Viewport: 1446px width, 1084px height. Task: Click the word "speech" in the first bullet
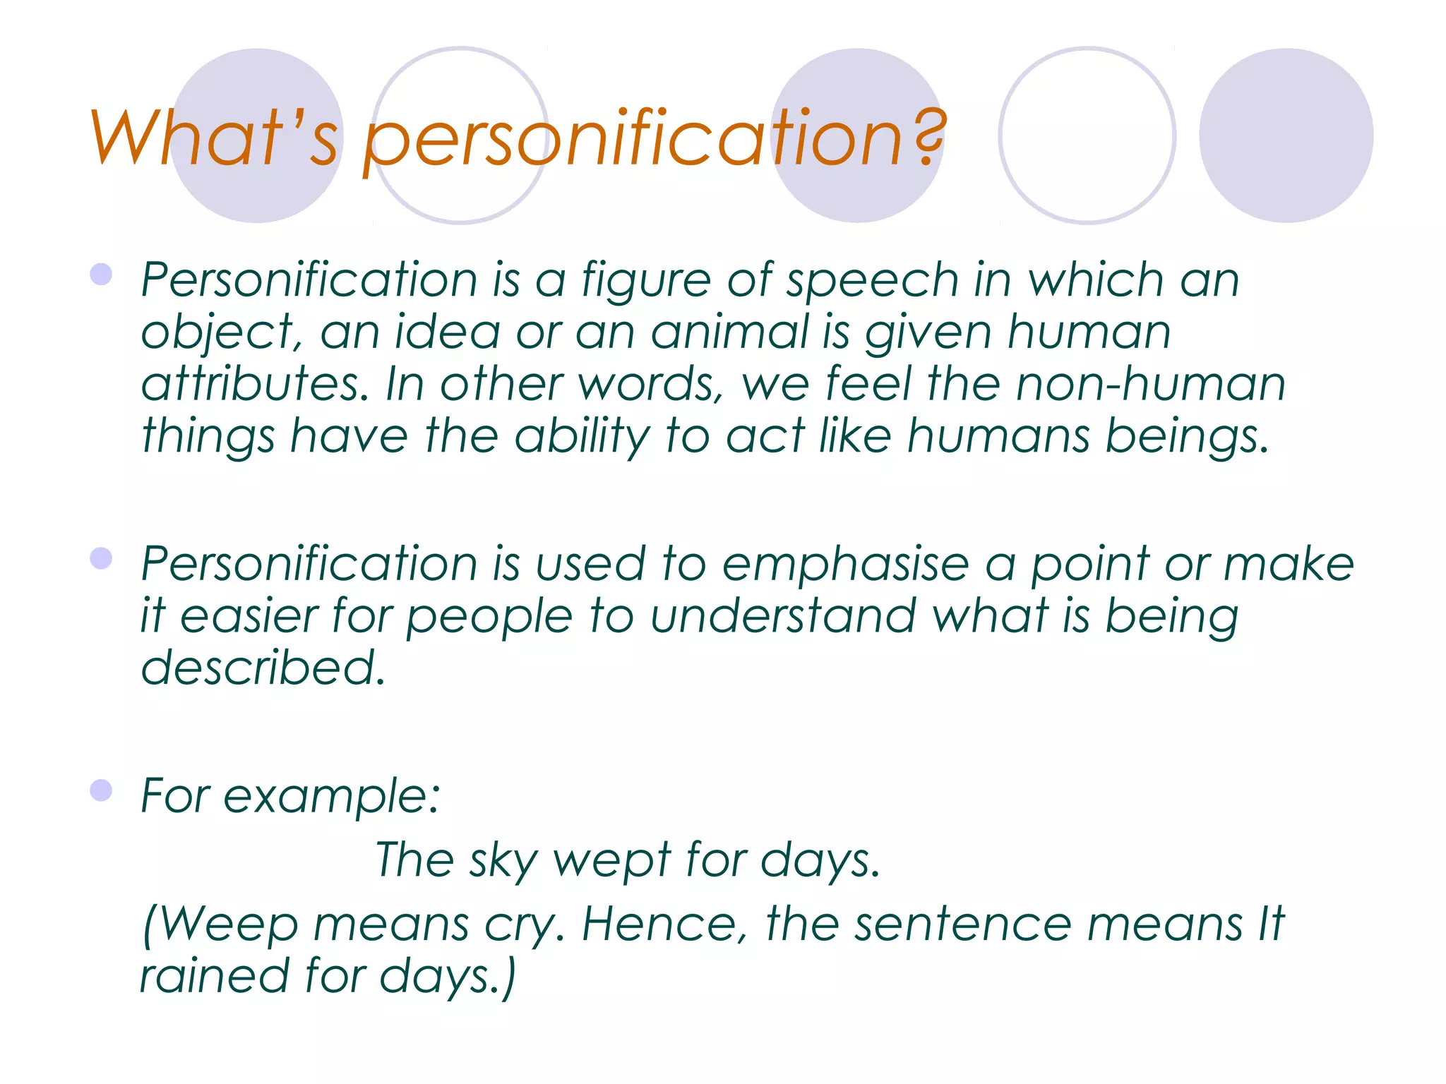coord(873,280)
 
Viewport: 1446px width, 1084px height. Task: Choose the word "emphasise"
coord(846,565)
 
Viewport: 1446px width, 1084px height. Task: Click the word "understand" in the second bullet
coord(784,616)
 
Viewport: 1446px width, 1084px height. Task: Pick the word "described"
coord(263,668)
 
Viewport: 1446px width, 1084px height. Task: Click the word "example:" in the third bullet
coord(332,796)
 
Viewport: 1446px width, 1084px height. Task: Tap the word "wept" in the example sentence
coord(611,860)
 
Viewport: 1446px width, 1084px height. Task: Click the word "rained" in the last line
coord(215,976)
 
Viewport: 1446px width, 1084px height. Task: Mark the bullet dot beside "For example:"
coord(101,790)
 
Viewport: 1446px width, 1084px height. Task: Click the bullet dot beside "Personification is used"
coord(101,559)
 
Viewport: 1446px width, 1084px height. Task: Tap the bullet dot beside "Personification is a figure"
coord(101,275)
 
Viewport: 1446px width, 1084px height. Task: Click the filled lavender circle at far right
coord(1286,135)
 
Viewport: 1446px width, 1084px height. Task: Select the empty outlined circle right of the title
coord(1087,135)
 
